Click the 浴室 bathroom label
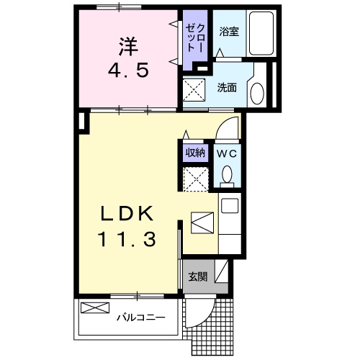coord(229,32)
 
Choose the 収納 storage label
coord(195,153)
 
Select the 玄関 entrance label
coord(197,276)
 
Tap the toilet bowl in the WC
coord(228,175)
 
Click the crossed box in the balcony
coord(94,308)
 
